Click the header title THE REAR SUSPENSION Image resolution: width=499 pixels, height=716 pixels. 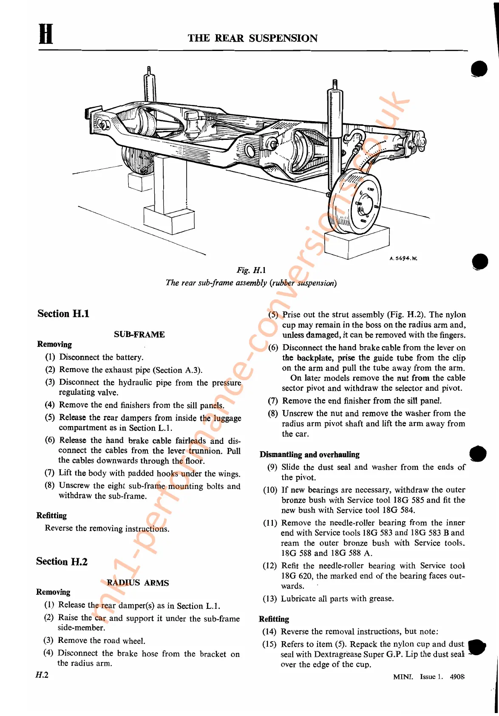tap(252, 38)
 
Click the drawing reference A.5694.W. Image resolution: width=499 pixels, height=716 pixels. tap(403, 258)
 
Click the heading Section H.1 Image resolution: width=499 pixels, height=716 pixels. tap(63, 314)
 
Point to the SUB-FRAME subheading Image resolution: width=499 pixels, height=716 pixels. tap(139, 334)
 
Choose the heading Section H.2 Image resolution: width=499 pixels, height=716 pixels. tap(62, 562)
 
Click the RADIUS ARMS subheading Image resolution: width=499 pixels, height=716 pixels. tap(138, 583)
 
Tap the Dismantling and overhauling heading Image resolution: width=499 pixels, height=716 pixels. tap(309, 455)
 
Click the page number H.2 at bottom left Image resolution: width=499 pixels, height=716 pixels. tap(42, 675)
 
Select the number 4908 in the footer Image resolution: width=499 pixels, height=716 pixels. tap(457, 676)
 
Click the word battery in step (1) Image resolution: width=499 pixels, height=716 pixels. tap(129, 358)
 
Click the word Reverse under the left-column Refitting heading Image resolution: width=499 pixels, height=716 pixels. tap(59, 528)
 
